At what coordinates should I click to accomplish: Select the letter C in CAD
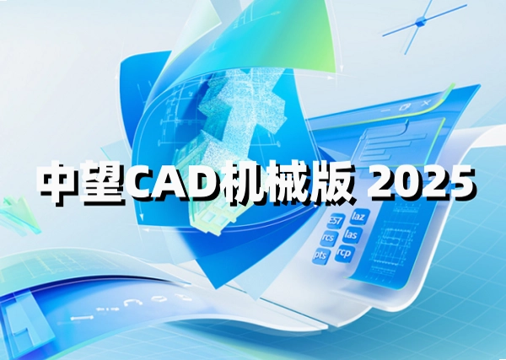143,182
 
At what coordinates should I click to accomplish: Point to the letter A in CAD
178,182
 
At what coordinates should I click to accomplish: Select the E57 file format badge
336,221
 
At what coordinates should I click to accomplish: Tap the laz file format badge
358,217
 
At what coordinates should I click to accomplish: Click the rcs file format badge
329,239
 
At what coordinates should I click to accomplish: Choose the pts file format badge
321,256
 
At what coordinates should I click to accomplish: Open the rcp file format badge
344,253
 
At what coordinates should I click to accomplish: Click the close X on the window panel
426,103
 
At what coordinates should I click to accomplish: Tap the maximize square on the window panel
405,107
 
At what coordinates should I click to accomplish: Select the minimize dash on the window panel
385,110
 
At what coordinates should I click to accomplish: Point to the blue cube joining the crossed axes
421,22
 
